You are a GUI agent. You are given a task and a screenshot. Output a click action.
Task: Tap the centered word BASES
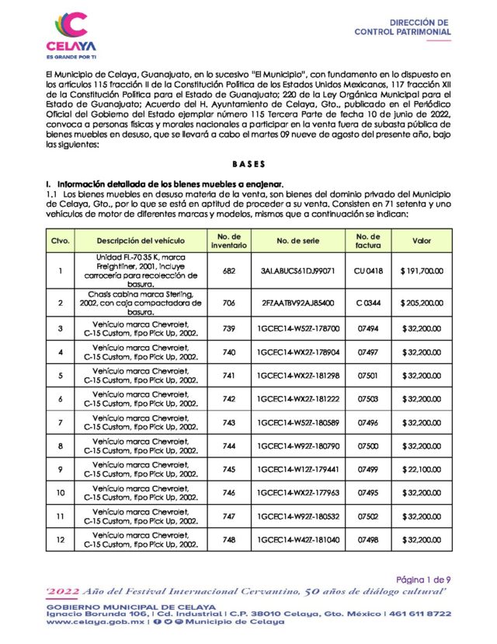click(x=248, y=164)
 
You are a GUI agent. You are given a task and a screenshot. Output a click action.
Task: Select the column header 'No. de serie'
click(x=298, y=240)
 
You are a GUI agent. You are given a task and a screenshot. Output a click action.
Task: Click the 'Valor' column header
click(x=422, y=240)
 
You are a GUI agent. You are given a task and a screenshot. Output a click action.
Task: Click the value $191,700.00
click(x=422, y=271)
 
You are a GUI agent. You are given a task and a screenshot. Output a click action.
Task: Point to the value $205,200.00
click(x=422, y=301)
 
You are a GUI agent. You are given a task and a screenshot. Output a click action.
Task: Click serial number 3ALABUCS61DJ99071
click(x=298, y=271)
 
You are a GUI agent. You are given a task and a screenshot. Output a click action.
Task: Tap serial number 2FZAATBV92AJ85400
click(x=298, y=301)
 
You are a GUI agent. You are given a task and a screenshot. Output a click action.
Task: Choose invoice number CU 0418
click(x=367, y=271)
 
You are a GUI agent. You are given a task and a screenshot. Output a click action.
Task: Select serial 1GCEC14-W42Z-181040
click(x=298, y=540)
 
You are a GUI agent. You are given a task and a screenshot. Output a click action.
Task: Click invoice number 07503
click(x=367, y=399)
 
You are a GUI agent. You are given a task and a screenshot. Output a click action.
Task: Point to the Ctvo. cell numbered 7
click(x=61, y=423)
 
